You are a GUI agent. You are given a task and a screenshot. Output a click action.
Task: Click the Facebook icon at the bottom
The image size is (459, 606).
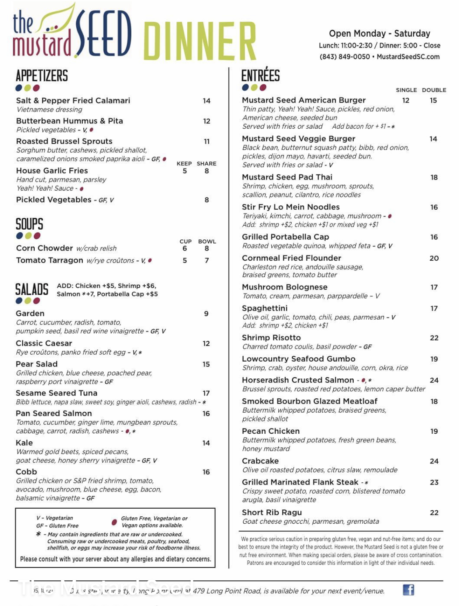(408, 590)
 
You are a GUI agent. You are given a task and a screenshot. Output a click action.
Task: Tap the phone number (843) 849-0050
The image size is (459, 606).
(345, 57)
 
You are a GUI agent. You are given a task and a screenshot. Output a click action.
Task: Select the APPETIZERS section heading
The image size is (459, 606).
(42, 76)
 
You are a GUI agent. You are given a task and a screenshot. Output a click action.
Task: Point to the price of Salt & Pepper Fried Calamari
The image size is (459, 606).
(207, 101)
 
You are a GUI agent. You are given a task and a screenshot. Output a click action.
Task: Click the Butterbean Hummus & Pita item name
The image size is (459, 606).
(69, 121)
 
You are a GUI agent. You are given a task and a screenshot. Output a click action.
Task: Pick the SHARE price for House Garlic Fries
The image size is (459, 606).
(207, 171)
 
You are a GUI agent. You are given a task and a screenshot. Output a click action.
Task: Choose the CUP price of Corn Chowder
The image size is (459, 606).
(185, 248)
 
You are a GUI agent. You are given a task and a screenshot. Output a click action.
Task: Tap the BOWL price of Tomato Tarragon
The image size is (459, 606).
(207, 260)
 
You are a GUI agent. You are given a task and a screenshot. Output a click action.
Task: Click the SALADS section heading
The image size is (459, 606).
(32, 290)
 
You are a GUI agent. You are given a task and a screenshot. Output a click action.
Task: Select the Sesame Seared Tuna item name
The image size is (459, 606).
(56, 393)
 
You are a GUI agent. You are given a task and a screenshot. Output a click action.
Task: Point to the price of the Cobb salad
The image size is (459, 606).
(206, 472)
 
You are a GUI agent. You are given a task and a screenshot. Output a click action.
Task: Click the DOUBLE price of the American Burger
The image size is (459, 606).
(433, 100)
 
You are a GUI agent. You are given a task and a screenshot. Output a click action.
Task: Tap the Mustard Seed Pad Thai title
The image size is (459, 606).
(287, 177)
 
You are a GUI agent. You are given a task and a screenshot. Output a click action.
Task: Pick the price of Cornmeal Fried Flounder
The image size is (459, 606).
(434, 258)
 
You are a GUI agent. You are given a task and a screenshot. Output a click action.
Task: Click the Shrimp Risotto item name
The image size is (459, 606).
(271, 338)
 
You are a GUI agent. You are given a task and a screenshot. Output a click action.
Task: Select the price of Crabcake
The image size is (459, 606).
(434, 461)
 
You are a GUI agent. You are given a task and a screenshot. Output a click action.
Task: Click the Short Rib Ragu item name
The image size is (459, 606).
(272, 512)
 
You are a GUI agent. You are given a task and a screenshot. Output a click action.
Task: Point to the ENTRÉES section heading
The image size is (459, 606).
(260, 76)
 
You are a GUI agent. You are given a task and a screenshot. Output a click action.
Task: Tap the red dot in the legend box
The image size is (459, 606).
(114, 522)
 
